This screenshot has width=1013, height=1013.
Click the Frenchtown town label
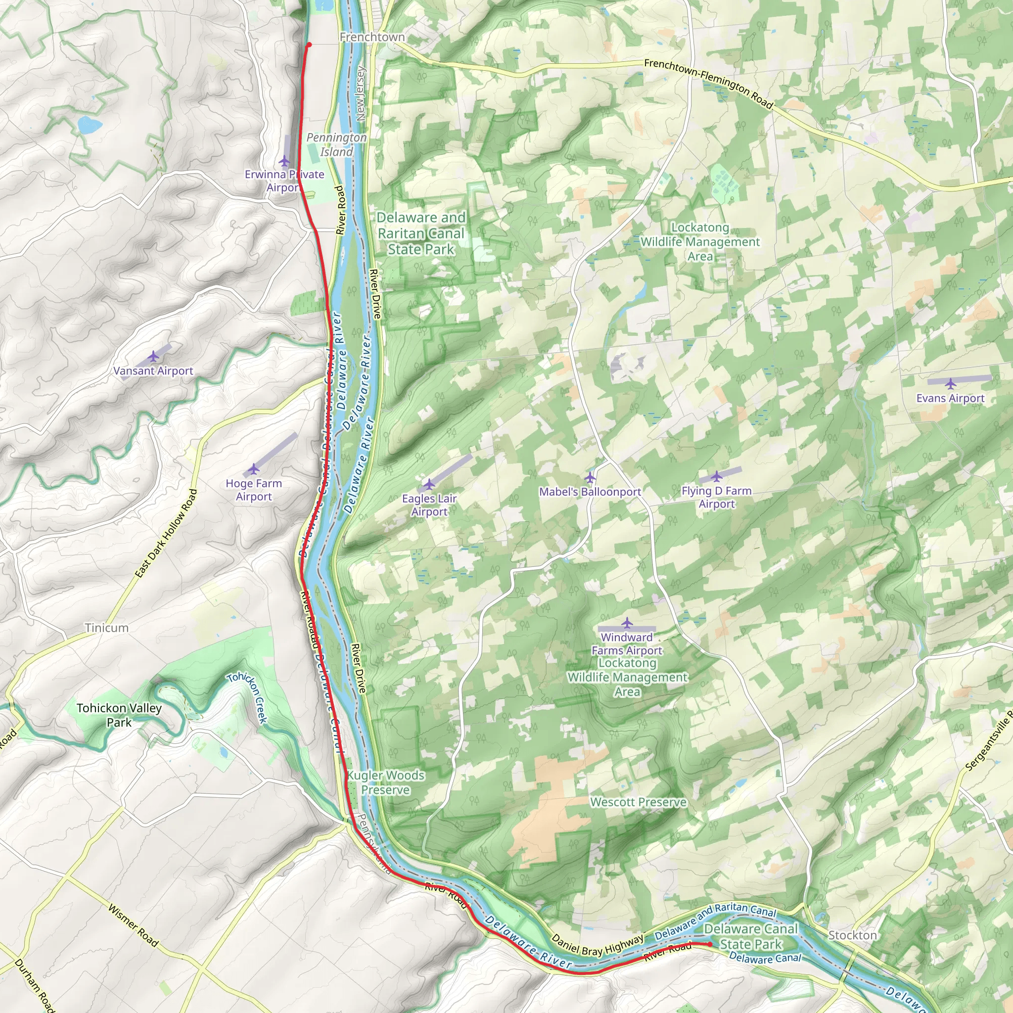(372, 37)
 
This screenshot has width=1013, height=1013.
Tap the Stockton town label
(852, 935)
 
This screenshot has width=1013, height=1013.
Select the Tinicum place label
(106, 628)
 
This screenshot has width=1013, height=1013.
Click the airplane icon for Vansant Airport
(152, 357)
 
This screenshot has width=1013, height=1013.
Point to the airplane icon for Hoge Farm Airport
(254, 468)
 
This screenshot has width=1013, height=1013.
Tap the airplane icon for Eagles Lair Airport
(429, 483)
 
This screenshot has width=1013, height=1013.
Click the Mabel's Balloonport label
(590, 492)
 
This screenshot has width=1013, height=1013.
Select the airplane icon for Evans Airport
(950, 384)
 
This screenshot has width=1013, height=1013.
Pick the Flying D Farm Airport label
(716, 497)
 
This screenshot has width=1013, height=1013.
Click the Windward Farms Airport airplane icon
(627, 623)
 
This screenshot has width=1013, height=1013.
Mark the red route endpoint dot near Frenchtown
(309, 45)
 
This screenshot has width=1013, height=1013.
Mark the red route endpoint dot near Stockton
(710, 944)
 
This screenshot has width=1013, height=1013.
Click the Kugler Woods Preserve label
(385, 783)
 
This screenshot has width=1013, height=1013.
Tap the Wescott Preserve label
(638, 802)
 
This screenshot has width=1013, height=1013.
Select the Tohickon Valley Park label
(119, 715)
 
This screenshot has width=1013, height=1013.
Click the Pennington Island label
(336, 144)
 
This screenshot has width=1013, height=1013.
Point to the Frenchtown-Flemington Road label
(708, 84)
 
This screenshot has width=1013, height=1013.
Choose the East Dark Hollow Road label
(166, 533)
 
